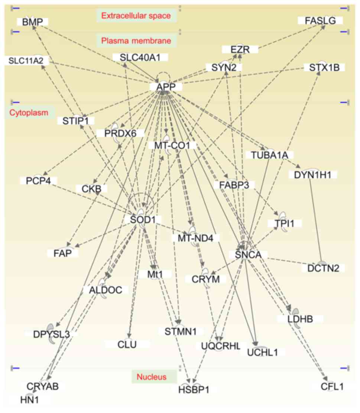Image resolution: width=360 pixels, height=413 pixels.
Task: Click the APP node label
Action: click(x=166, y=87)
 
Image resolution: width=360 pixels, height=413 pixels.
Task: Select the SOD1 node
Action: click(x=143, y=220)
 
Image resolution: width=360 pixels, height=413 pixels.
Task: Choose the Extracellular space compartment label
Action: click(x=136, y=16)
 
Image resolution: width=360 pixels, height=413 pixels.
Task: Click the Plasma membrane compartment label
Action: click(x=136, y=41)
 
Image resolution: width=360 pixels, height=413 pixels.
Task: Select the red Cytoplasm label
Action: click(x=29, y=113)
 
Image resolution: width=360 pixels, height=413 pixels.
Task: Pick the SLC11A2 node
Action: click(x=26, y=61)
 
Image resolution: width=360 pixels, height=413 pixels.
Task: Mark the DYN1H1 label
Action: click(x=312, y=174)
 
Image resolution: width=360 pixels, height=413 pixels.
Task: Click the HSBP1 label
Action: click(x=194, y=390)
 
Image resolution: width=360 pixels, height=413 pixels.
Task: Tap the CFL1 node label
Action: click(x=332, y=387)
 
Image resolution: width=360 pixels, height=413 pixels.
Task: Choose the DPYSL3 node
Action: click(x=52, y=334)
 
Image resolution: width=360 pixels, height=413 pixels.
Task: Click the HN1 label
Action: click(x=30, y=400)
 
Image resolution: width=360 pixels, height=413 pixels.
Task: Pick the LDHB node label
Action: click(x=300, y=319)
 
